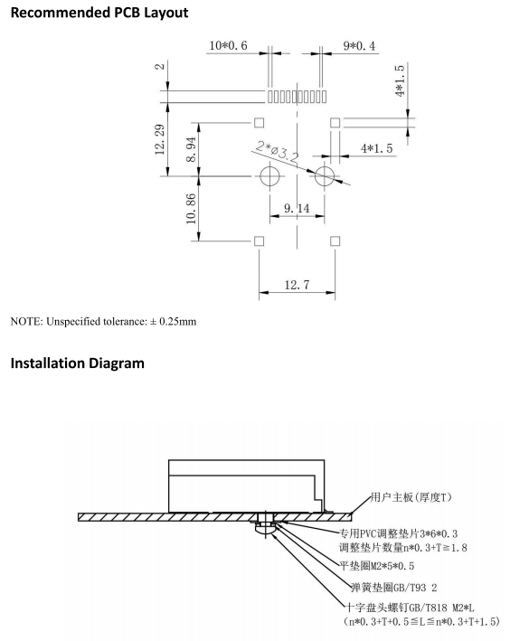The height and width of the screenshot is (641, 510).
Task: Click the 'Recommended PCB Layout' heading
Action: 99,13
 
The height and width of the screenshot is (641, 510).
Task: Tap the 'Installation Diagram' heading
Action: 77,363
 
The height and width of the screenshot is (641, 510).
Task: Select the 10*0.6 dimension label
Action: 228,45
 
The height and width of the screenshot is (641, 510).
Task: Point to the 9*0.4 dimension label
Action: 359,45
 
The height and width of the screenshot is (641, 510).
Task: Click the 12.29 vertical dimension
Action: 160,139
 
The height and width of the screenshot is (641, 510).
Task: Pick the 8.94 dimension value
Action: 191,149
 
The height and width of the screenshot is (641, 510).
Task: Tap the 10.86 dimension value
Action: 191,209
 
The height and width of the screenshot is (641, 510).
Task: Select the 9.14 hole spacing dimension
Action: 297,208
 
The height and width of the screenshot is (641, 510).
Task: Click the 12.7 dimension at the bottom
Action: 297,284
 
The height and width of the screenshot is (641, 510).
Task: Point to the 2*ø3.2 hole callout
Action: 278,150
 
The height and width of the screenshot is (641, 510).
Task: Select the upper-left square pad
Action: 259,123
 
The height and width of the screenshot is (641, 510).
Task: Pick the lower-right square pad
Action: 335,240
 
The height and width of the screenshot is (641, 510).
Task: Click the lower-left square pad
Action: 259,240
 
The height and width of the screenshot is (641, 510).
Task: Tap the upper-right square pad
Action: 335,123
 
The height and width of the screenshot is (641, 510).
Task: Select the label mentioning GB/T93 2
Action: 394,588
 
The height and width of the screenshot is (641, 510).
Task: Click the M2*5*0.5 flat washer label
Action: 377,566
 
